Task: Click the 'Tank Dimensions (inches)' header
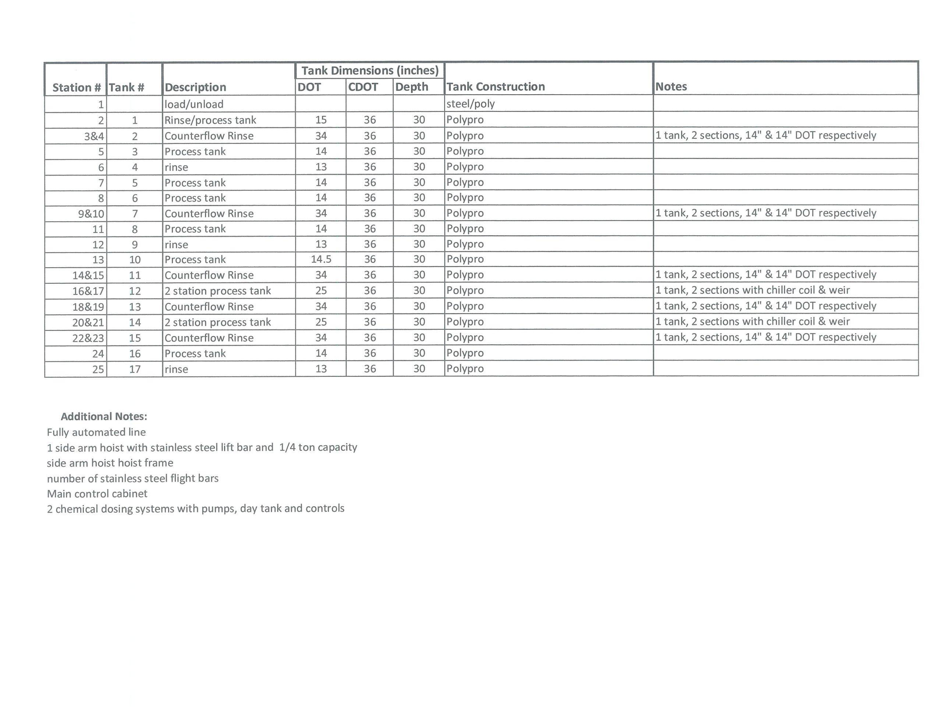pos(370,70)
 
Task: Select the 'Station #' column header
pos(76,88)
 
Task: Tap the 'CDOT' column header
pos(363,87)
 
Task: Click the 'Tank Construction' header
pos(496,87)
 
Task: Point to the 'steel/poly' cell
pos(471,103)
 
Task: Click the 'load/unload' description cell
pos(194,104)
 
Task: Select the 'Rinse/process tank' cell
pos(210,120)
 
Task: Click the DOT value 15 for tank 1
pos(321,120)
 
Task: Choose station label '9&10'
pos(91,213)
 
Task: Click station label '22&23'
pos(88,338)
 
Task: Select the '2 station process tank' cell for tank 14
pos(217,322)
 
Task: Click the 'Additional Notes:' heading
pos(104,416)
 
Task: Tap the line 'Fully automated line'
pos(96,432)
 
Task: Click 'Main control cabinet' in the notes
pos(97,493)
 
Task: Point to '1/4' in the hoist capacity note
pos(287,447)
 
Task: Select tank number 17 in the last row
pos(135,369)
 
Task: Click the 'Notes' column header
pos(671,87)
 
